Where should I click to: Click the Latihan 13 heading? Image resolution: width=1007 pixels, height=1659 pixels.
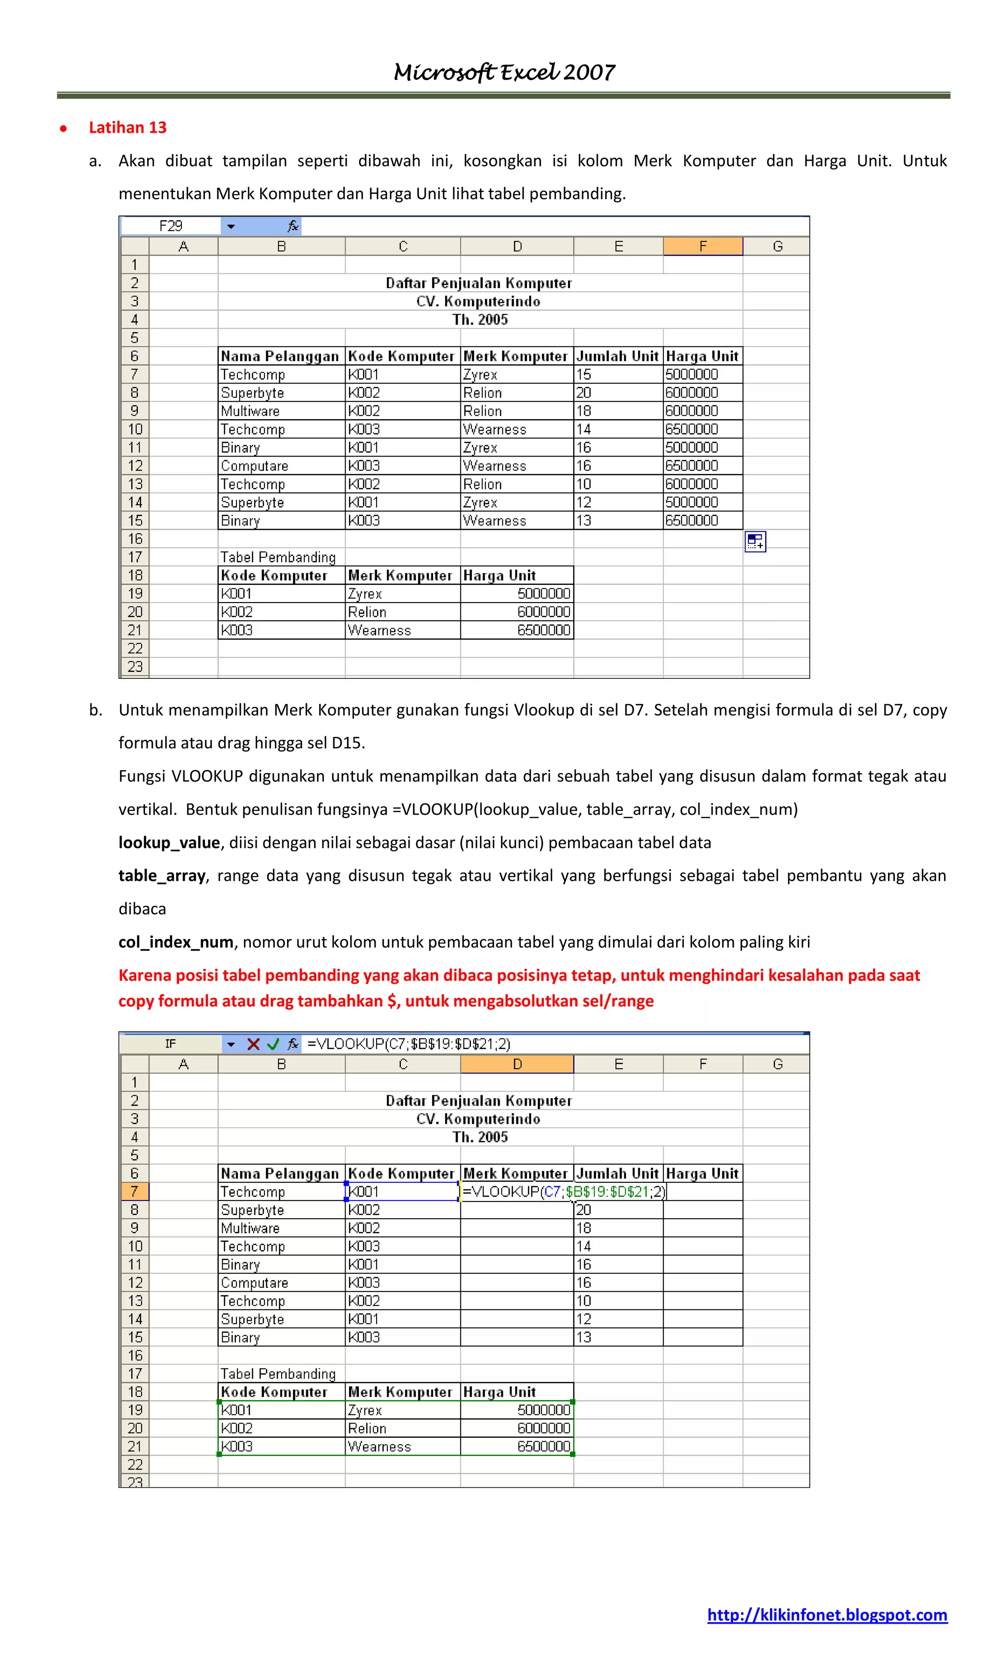click(127, 127)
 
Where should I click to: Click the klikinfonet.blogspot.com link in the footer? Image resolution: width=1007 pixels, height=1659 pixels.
click(827, 1615)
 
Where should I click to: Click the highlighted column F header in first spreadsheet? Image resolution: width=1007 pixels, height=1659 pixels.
click(702, 246)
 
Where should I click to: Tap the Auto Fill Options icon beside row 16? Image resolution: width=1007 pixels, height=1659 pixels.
click(755, 542)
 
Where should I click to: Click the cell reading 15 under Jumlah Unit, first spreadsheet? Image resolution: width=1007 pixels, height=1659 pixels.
click(583, 374)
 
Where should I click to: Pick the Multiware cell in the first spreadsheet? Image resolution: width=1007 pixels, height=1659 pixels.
click(250, 411)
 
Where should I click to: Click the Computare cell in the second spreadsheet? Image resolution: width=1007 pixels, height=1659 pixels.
click(254, 1283)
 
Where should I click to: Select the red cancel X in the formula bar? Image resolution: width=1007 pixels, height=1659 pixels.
click(253, 1044)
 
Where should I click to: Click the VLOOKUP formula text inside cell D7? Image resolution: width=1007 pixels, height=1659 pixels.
click(563, 1192)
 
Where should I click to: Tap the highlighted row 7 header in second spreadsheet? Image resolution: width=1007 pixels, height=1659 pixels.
click(135, 1192)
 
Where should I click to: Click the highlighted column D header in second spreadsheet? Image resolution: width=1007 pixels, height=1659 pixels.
click(516, 1064)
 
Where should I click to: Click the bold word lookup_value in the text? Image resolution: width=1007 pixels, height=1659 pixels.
click(169, 843)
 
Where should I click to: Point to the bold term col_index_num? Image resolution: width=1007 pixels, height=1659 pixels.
click(176, 942)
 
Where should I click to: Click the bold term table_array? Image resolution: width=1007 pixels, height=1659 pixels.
click(162, 875)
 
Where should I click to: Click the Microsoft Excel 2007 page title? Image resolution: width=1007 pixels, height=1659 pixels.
click(503, 72)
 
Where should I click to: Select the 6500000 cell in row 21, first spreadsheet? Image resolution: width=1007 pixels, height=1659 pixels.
click(543, 630)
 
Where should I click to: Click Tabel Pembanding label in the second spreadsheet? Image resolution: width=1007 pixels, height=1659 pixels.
click(277, 1374)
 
